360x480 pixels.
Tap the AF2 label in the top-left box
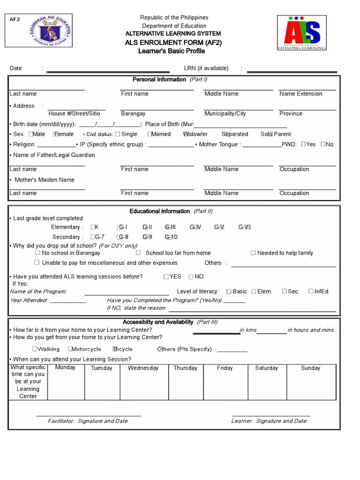pos(15,20)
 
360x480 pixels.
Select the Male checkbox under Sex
pos(30,134)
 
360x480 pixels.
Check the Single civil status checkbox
pos(117,134)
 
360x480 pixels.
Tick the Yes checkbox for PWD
pos(303,144)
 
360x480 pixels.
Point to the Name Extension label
pos(300,94)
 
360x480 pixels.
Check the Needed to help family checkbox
pos(253,253)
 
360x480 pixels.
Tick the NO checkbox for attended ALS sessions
pos(191,277)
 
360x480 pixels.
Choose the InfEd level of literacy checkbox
pos(311,291)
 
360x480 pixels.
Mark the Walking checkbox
pos(35,349)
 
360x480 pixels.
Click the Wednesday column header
pos(143,368)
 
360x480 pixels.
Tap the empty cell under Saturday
pos(266,386)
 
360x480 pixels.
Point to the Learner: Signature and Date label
pos(269,421)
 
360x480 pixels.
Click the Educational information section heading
pos(160,211)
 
